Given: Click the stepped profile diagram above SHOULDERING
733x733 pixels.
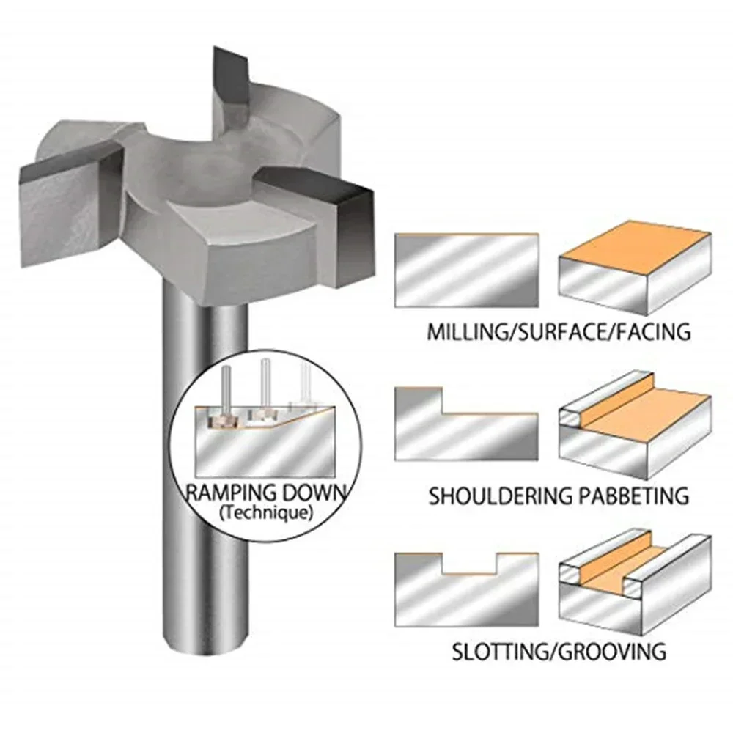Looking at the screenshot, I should click(x=467, y=425).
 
